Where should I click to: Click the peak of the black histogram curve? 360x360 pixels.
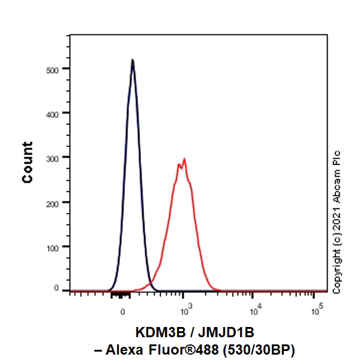[133, 60]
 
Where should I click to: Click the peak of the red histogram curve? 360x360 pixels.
[184, 160]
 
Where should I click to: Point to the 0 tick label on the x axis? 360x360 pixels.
[123, 312]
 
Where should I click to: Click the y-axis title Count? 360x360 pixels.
[28, 162]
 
